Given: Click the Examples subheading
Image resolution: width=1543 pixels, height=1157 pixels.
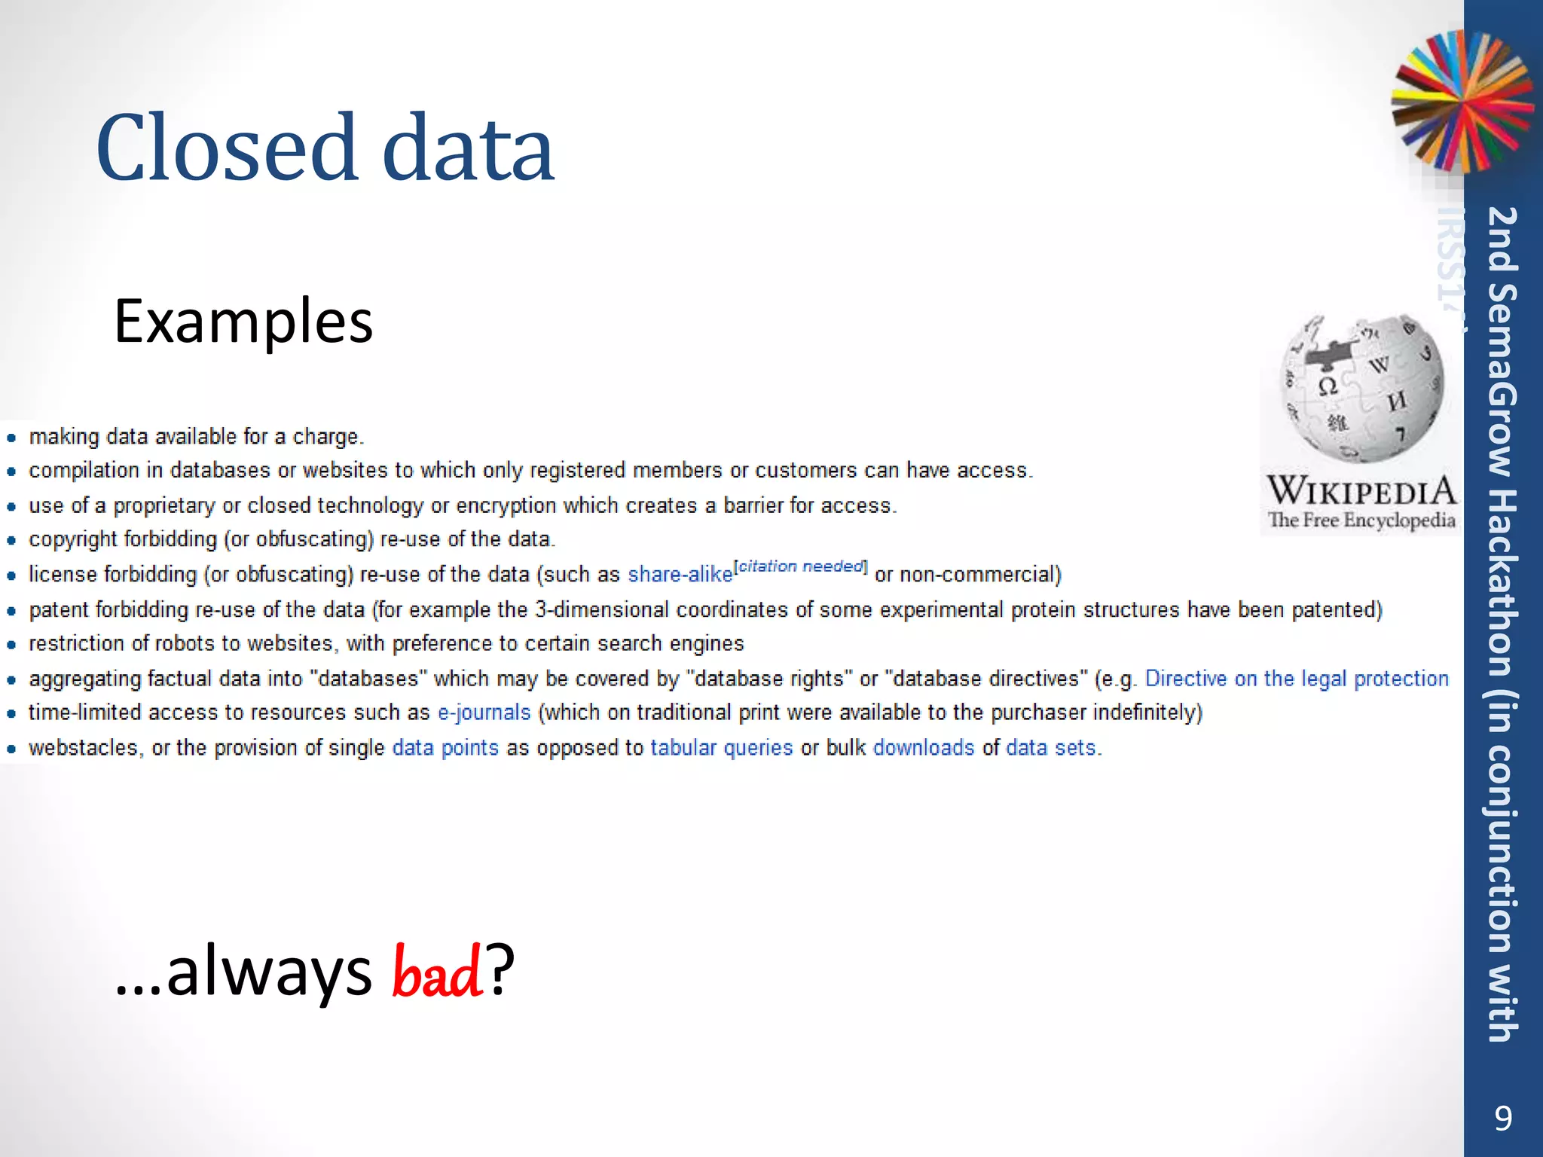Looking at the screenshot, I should pyautogui.click(x=243, y=322).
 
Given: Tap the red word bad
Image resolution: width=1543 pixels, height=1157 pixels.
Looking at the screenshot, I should pyautogui.click(x=436, y=972).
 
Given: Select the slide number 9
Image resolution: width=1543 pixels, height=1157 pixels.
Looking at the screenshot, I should pyautogui.click(x=1502, y=1118).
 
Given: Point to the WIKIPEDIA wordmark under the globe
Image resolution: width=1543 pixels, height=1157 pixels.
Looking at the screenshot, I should pyautogui.click(x=1361, y=491).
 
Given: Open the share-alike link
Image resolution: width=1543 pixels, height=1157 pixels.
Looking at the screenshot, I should pyautogui.click(x=680, y=575).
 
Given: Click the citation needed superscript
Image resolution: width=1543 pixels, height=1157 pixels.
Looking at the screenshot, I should pyautogui.click(x=800, y=566).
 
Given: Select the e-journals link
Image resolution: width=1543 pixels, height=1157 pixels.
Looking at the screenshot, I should pyautogui.click(x=484, y=713).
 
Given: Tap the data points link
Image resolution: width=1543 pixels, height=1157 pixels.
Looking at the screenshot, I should pyautogui.click(x=445, y=748).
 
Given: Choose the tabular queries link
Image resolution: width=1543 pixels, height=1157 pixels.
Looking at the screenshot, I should pyautogui.click(x=721, y=748).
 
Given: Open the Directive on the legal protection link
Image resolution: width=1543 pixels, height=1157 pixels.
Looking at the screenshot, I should pyautogui.click(x=1296, y=679).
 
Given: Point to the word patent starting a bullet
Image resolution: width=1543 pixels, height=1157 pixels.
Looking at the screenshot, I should pyautogui.click(x=59, y=610).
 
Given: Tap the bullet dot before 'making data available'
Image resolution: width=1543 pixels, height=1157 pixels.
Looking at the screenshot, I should pyautogui.click(x=11, y=438).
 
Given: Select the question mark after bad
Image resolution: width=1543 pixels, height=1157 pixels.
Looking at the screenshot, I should pyautogui.click(x=500, y=971).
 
